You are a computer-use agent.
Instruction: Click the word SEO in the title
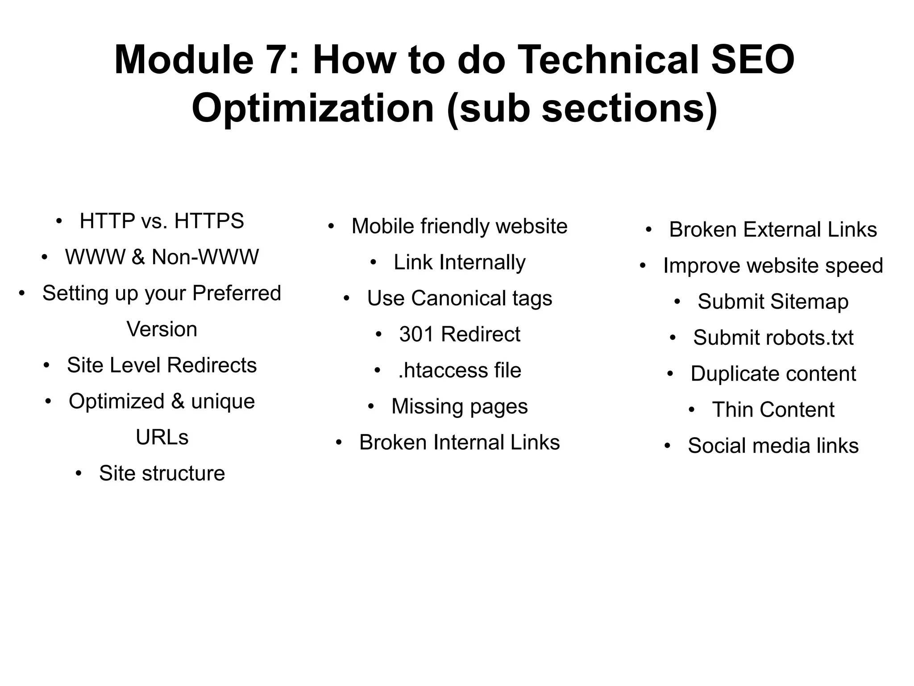coord(752,60)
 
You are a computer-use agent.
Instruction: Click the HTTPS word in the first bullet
coord(209,221)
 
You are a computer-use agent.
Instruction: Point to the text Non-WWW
coord(205,257)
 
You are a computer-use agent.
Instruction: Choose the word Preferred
coord(237,293)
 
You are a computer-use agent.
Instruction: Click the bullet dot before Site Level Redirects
coord(46,365)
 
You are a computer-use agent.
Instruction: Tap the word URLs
coord(162,437)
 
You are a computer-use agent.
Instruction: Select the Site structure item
coord(162,473)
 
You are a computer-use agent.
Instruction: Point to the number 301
coord(417,335)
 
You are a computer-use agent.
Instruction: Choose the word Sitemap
coord(809,302)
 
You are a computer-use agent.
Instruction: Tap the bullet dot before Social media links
coord(667,446)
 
